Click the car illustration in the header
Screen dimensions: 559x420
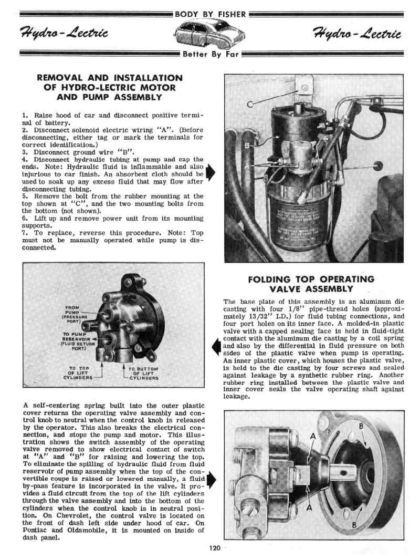[210, 35]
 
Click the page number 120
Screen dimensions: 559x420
[214, 548]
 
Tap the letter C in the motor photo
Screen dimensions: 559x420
[249, 103]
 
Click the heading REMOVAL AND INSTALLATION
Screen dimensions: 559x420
[110, 78]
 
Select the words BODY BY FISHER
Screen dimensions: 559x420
[210, 14]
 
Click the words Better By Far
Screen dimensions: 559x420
[210, 54]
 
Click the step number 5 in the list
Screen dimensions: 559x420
[24, 195]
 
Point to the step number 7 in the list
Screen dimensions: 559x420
[24, 232]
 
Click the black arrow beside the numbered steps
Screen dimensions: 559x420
[211, 173]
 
